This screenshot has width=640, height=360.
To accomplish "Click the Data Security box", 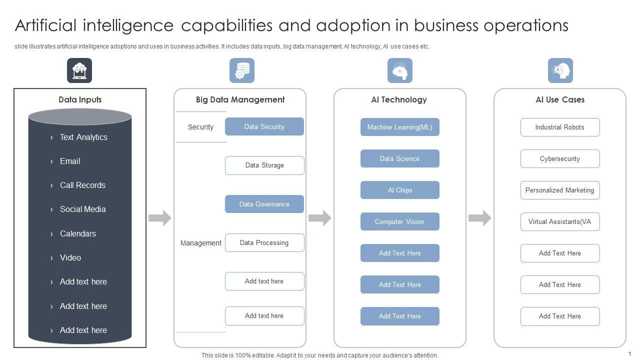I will tap(264, 126).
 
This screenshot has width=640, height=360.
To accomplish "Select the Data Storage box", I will tap(264, 165).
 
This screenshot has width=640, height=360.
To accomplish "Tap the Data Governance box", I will tap(264, 204).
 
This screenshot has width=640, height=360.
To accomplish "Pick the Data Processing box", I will tap(264, 243).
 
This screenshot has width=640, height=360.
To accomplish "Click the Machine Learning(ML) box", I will tap(399, 127).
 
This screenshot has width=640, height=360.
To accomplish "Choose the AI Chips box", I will tap(399, 190).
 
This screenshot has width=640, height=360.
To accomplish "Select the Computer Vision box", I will tap(399, 221).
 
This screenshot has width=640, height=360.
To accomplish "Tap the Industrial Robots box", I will tap(559, 127).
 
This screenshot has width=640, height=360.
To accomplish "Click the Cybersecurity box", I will tap(559, 158).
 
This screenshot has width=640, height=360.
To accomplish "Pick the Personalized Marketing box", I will tap(559, 190).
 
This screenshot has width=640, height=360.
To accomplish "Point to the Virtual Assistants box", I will tap(559, 221).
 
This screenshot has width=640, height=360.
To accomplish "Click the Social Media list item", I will tap(82, 209).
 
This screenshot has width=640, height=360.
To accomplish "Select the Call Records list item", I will tap(82, 185).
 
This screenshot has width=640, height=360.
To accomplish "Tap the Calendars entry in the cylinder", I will tap(78, 233).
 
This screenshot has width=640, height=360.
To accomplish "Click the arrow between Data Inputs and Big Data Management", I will tap(160, 218).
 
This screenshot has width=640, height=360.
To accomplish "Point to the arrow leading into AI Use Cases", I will tap(480, 218).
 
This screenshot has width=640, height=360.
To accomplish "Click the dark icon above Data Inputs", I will tap(79, 70).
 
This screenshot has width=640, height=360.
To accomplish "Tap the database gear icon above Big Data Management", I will tap(242, 70).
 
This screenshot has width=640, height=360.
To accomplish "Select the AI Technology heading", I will tap(399, 99).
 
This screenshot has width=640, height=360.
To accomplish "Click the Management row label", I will tap(200, 243).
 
